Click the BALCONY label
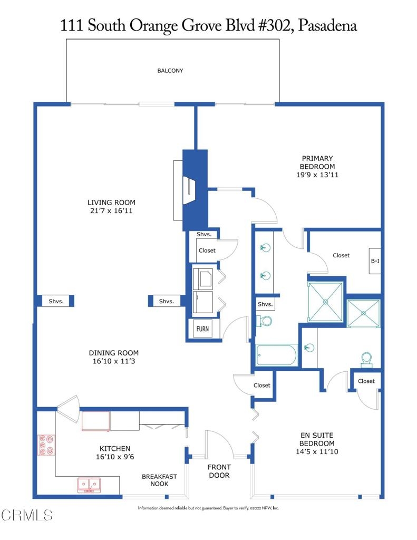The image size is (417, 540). click(x=170, y=71)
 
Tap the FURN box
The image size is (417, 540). click(x=202, y=329)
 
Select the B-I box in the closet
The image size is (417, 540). click(x=375, y=261)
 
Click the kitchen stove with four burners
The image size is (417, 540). click(x=46, y=445)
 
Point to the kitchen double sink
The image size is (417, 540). click(x=89, y=485)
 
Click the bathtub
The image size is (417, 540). click(x=276, y=355)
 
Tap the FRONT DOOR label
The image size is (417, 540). click(x=219, y=471)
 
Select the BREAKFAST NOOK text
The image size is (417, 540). click(x=159, y=480)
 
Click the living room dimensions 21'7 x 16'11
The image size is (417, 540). click(x=111, y=211)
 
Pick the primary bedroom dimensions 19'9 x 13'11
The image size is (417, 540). click(x=317, y=175)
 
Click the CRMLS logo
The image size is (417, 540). click(x=27, y=515)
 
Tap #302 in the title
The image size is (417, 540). click(x=274, y=26)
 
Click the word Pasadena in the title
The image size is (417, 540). click(x=327, y=26)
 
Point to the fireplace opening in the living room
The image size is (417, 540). click(x=189, y=190)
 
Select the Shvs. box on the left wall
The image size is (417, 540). click(x=56, y=301)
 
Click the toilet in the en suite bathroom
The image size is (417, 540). click(x=366, y=360)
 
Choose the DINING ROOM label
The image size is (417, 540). click(x=114, y=353)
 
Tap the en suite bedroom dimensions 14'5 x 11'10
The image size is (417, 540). click(x=317, y=451)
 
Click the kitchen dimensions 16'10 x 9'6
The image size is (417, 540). click(x=115, y=457)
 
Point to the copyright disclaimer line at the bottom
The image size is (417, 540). click(x=208, y=508)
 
